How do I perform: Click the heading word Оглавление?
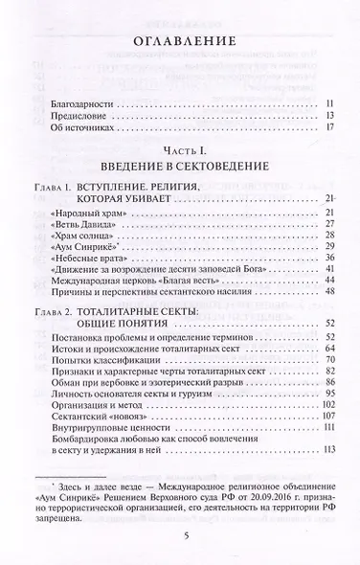pos(179,42)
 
